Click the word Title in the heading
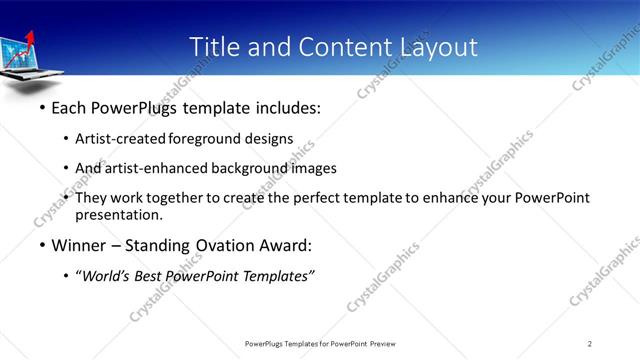tap(212, 47)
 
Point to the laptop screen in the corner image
tap(17, 55)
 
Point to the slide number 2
tap(590, 344)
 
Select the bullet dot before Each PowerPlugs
tap(42, 107)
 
